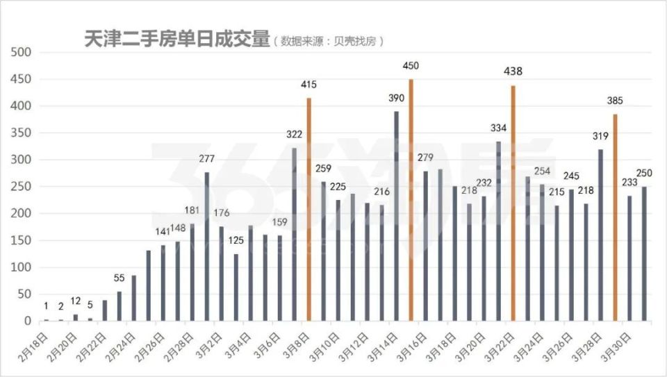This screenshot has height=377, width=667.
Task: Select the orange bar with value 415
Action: (308, 209)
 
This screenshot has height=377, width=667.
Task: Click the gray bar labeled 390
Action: (396, 216)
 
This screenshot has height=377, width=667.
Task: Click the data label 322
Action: (294, 134)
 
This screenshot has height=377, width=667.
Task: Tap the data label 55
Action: (120, 278)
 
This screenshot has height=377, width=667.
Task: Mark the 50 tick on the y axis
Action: (24, 294)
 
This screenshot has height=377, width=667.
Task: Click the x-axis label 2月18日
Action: (35, 346)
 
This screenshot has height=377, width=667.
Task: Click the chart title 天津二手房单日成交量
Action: (176, 40)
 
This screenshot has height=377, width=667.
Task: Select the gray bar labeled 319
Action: (600, 235)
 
